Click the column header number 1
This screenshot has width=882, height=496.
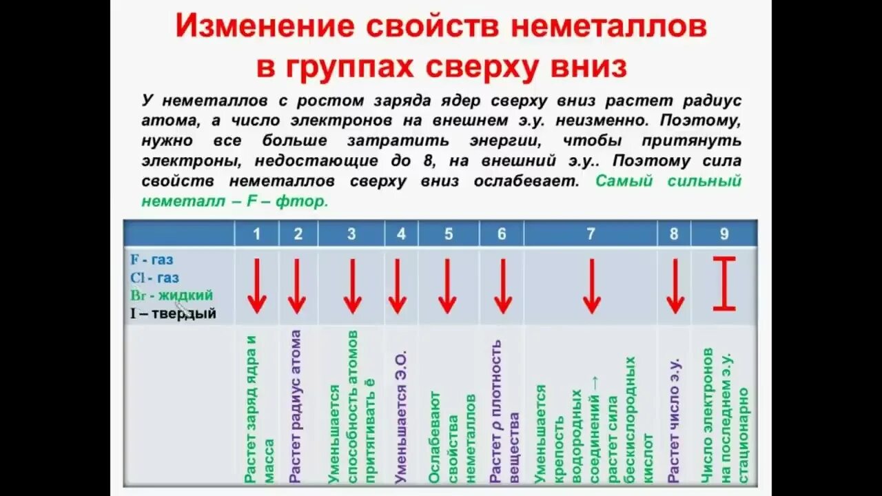pos(256,234)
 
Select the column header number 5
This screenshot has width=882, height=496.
pos(449,234)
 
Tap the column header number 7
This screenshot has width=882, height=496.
pos(591,234)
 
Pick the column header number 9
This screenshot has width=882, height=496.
pos(724,234)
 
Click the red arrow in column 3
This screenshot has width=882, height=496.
pos(352,286)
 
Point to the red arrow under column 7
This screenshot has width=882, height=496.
pos(591,286)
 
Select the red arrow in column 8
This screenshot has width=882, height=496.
pos(675,286)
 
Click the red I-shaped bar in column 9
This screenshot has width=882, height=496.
pos(724,283)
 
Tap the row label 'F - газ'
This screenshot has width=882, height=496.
pos(152,260)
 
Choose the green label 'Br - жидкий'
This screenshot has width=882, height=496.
pos(171,296)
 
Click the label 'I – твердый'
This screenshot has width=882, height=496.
pos(173,313)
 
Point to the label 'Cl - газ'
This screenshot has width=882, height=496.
pos(154,278)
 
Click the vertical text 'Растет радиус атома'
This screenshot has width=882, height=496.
pos(296,406)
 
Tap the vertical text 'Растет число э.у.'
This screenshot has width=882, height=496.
pos(675,420)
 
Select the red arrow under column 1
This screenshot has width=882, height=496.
pos(257,286)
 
